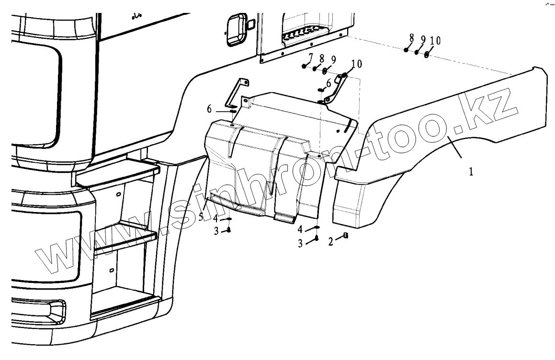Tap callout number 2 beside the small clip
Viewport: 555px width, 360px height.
pyautogui.click(x=330, y=242)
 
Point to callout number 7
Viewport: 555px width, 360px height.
pyautogui.click(x=310, y=58)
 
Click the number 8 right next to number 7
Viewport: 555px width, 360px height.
pyautogui.click(x=322, y=59)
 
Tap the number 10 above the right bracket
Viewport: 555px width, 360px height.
pyautogui.click(x=357, y=64)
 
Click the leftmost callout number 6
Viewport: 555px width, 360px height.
pyautogui.click(x=209, y=110)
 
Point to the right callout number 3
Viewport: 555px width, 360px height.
pyautogui.click(x=300, y=243)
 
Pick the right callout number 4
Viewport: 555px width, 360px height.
pyautogui.click(x=300, y=228)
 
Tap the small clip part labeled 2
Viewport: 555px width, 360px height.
pyautogui.click(x=345, y=235)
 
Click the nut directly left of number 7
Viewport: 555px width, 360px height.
pyautogui.click(x=304, y=67)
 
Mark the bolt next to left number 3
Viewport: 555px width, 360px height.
pyautogui.click(x=228, y=230)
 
